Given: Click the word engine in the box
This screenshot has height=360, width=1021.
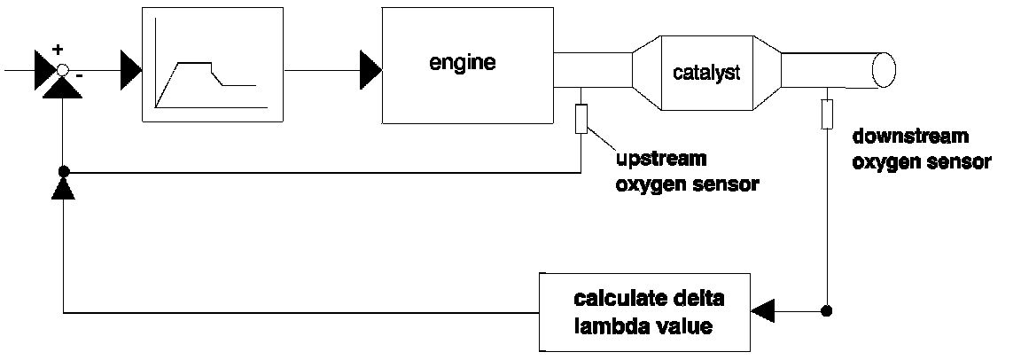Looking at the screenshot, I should (x=461, y=63).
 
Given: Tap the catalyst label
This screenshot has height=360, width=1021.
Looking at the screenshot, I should (x=704, y=73).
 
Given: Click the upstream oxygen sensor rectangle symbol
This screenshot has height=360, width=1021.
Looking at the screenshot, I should (x=581, y=118).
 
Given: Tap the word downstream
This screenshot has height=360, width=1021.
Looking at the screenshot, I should (x=909, y=137).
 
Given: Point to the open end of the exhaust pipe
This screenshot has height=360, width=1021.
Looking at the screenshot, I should (x=883, y=67).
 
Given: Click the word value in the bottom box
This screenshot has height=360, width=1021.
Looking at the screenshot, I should (x=678, y=325).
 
